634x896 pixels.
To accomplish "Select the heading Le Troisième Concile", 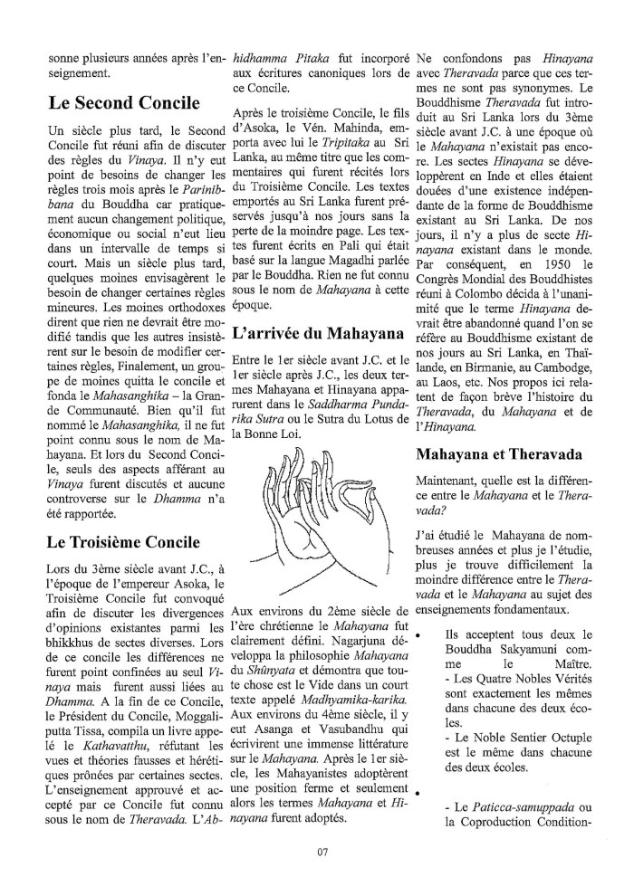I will click(x=123, y=543).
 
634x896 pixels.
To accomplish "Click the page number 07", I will click(x=322, y=850).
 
